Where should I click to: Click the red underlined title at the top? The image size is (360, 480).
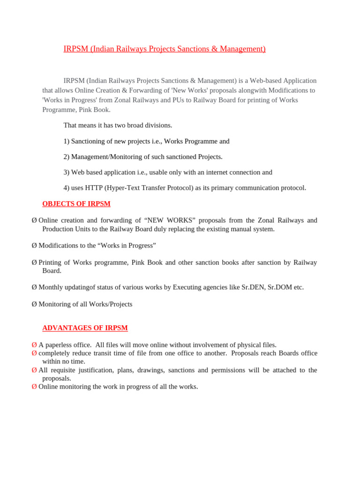tap(165, 49)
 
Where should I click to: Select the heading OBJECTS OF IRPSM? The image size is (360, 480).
tap(76, 203)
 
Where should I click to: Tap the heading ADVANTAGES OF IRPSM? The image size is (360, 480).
tap(85, 328)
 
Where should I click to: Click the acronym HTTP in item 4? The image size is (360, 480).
tap(94, 187)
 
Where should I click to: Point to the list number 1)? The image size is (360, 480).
tap(67, 141)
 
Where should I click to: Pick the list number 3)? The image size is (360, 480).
tap(67, 172)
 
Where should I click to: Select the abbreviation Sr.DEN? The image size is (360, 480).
tap(254, 287)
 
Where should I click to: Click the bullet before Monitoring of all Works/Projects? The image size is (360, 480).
tap(34, 304)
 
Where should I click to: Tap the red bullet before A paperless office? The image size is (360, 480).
tap(34, 345)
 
